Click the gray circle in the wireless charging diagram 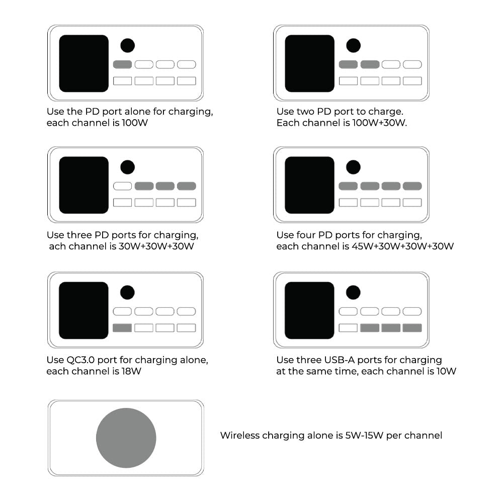(x=126, y=438)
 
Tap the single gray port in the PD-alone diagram (x=123, y=64)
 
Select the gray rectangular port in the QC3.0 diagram (x=122, y=328)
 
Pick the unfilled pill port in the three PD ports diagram (x=123, y=186)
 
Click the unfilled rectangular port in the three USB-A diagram (x=348, y=328)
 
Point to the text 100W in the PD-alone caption (x=135, y=123)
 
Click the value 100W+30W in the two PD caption (x=379, y=123)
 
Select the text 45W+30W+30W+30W (x=402, y=246)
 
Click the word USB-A (x=340, y=360)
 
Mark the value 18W (x=131, y=372)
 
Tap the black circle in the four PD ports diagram (x=353, y=167)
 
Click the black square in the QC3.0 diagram (x=83, y=310)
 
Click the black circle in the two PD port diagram (x=353, y=46)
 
